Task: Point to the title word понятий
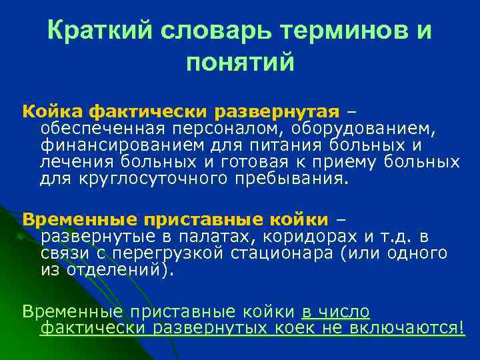coord(240,63)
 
